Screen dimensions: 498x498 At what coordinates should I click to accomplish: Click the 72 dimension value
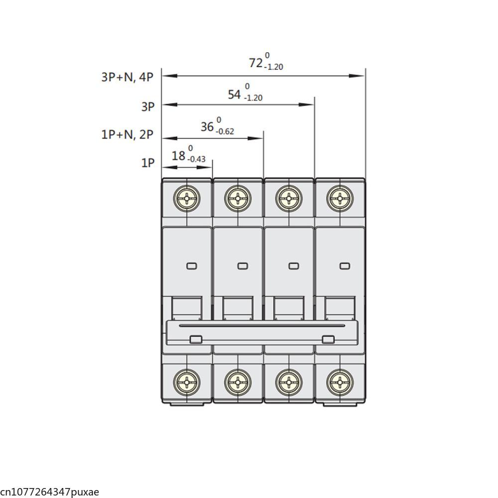pyautogui.click(x=255, y=63)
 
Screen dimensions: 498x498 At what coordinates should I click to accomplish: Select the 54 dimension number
pyautogui.click(x=235, y=94)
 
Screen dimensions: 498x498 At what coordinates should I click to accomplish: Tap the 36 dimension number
pyautogui.click(x=207, y=126)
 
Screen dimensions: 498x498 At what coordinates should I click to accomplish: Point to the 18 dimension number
pyautogui.click(x=178, y=156)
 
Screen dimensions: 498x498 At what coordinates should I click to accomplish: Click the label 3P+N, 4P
pyautogui.click(x=127, y=77)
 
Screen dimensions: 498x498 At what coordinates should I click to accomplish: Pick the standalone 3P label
pyautogui.click(x=148, y=107)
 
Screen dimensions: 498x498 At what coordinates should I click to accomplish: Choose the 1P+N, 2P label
pyautogui.click(x=127, y=134)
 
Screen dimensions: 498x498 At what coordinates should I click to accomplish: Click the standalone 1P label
pyautogui.click(x=148, y=163)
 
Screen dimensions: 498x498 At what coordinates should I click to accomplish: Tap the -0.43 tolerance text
pyautogui.click(x=196, y=159)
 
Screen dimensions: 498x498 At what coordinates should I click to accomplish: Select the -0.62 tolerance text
pyautogui.click(x=225, y=131)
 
